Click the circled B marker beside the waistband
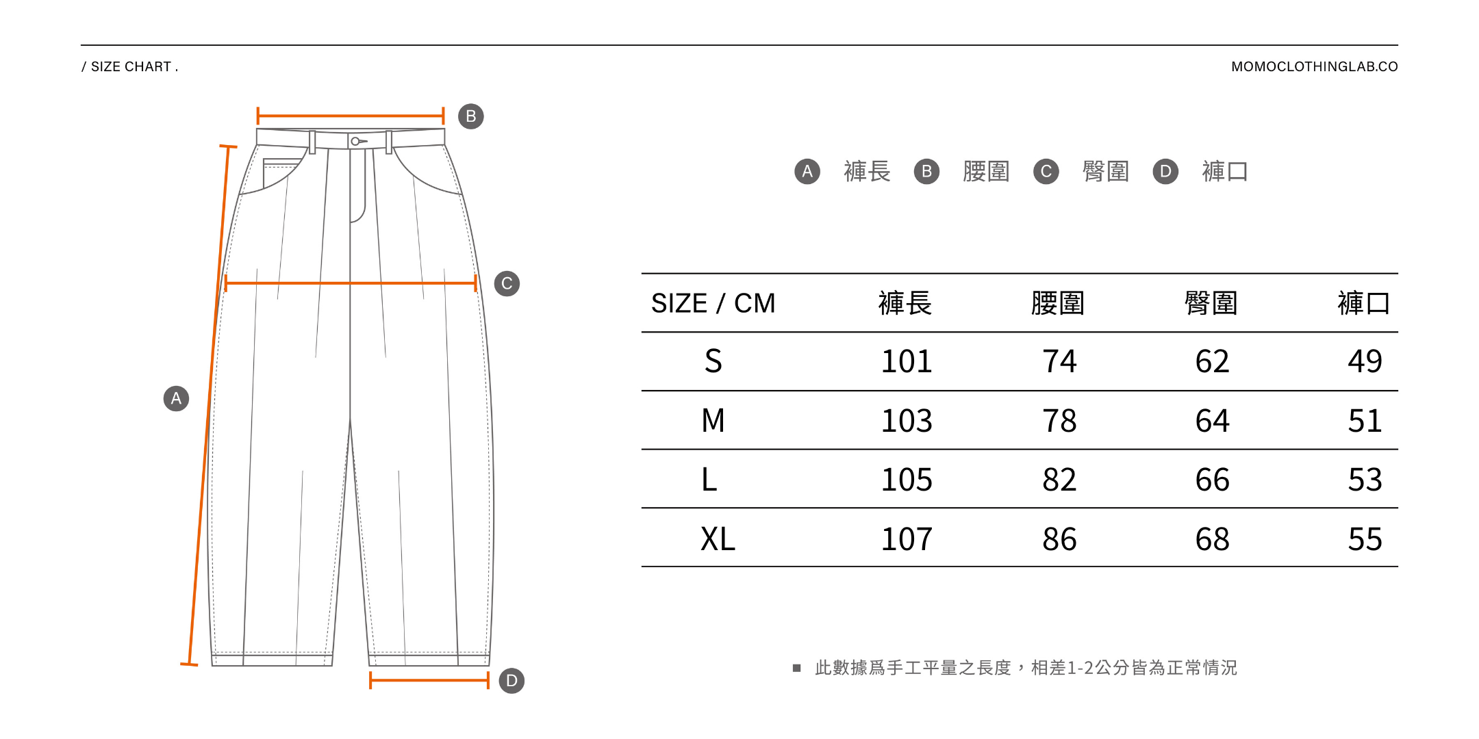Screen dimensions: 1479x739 (x=470, y=116)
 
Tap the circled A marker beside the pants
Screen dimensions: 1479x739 (x=176, y=398)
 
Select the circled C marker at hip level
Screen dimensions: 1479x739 (x=507, y=283)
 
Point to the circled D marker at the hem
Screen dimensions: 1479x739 (x=511, y=681)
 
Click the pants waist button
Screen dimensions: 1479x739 (x=355, y=142)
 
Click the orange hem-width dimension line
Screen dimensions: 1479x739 (x=429, y=680)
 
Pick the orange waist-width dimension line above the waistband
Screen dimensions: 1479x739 (x=351, y=116)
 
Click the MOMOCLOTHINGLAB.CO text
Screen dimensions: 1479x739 (x=1314, y=67)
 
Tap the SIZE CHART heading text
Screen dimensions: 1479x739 (x=130, y=67)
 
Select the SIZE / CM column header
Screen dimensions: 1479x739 (x=713, y=303)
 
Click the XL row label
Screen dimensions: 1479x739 (x=717, y=539)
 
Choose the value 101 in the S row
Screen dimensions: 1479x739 (x=906, y=361)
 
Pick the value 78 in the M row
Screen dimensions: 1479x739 (x=1059, y=421)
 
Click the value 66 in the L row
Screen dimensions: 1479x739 (x=1212, y=480)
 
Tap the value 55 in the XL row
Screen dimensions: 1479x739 (x=1365, y=539)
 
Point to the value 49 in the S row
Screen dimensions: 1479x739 (x=1365, y=361)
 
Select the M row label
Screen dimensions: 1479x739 (x=713, y=421)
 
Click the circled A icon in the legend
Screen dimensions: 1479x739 (x=807, y=171)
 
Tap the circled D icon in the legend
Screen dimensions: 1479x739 (x=1165, y=171)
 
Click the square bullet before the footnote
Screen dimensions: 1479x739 (x=796, y=668)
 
